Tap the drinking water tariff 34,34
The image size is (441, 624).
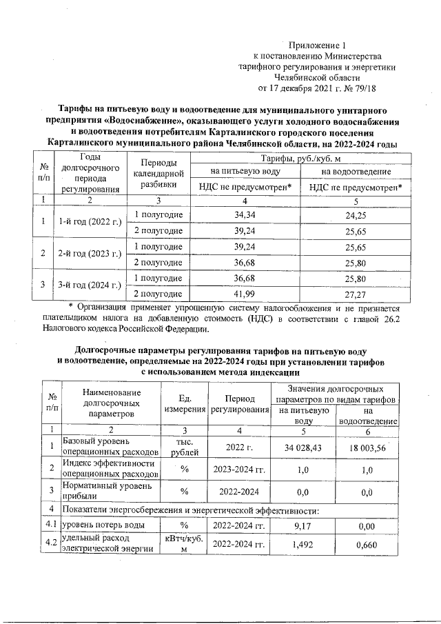coord(245,215)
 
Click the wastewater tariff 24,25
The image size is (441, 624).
coord(355,215)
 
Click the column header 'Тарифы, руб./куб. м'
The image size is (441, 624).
coord(298,159)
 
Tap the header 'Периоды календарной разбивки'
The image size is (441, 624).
coord(158,173)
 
